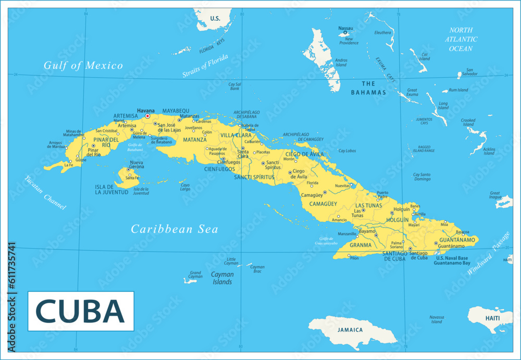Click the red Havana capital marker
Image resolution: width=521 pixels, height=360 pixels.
point(147,116)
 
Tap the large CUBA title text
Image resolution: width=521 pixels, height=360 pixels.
point(80,311)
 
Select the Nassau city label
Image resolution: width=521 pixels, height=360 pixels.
point(345,28)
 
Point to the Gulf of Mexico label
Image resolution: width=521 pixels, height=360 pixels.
point(83,66)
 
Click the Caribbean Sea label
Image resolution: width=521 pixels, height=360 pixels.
point(174,229)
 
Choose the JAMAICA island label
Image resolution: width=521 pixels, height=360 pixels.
point(350,330)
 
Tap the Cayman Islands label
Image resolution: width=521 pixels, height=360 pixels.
point(221,278)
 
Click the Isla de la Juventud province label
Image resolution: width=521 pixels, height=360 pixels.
point(111,190)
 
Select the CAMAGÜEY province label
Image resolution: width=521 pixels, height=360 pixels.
point(323,204)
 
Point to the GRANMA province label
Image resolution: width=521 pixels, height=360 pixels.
point(361,245)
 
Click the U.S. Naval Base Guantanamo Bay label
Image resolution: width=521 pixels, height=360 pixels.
point(452,260)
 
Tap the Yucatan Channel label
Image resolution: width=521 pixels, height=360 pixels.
point(45,193)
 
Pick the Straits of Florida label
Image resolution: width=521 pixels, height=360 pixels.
point(205,66)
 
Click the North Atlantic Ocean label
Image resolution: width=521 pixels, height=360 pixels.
point(461,39)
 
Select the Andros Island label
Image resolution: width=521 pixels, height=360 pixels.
point(341,63)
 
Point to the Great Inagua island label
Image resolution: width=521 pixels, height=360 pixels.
point(495,195)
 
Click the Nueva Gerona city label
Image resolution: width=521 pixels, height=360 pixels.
point(137,165)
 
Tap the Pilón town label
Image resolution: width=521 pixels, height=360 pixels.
point(354,258)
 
